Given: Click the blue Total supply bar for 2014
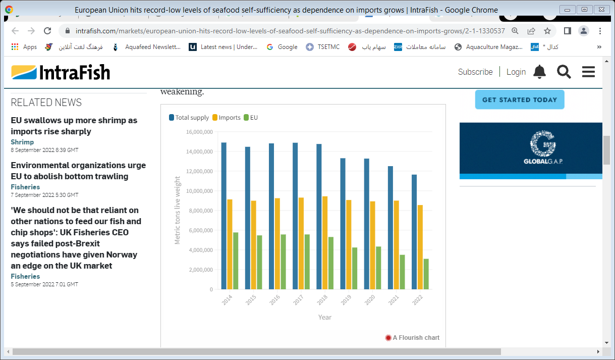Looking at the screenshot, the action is click(x=224, y=216).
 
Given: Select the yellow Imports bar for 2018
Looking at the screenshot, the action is click(x=325, y=243).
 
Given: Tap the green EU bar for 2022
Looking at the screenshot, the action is click(x=426, y=274).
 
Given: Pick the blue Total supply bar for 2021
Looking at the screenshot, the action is click(x=390, y=228).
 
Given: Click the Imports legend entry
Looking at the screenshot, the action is click(x=227, y=118).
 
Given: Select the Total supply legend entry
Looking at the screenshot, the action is click(x=189, y=118).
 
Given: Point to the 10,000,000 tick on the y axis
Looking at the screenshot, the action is click(x=199, y=191).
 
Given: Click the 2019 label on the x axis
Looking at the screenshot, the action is click(x=346, y=300).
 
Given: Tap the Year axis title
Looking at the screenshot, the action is click(x=325, y=317).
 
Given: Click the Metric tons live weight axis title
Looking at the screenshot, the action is click(x=178, y=210).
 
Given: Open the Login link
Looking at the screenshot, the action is click(x=516, y=72).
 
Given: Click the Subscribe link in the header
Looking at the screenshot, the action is click(x=475, y=72).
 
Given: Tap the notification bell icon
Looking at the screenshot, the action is click(x=539, y=72).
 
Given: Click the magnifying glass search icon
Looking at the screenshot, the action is click(x=564, y=72).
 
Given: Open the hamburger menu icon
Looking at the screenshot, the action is click(x=588, y=72).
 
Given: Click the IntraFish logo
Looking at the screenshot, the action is click(x=61, y=72).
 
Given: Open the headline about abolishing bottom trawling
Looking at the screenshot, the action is click(x=78, y=171).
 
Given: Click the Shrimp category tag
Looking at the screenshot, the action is click(x=22, y=142).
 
